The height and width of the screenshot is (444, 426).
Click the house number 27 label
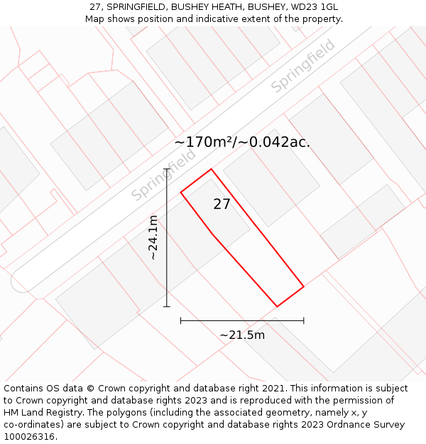tap(222, 205)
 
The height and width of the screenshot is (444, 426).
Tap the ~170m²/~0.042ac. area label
tap(242, 142)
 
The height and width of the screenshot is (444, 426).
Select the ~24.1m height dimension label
tap(153, 237)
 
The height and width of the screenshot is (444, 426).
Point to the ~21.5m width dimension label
tap(242, 335)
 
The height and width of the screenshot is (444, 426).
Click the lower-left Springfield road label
tap(163, 175)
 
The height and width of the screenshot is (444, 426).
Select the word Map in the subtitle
tap(96, 18)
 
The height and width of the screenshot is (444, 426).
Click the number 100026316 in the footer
tap(29, 436)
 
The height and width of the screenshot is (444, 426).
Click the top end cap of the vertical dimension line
tap(167, 169)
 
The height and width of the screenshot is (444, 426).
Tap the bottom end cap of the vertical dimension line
tap(167, 307)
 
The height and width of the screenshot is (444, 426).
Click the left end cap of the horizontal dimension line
tap(181, 320)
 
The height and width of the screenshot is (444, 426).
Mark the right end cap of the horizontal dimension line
tap(304, 320)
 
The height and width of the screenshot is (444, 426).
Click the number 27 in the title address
tap(95, 7)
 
